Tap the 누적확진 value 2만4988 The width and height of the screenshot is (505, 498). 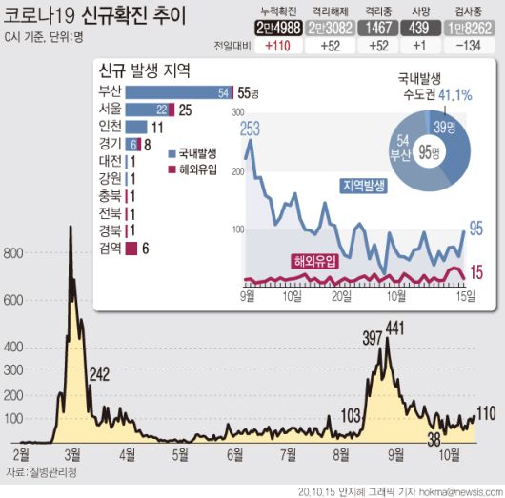tap(281, 28)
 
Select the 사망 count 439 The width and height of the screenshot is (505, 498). tap(420, 28)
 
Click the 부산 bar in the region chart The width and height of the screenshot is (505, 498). tap(178, 92)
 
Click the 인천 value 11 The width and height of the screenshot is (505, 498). tap(159, 127)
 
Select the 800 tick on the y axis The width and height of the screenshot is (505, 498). tap(13, 253)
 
